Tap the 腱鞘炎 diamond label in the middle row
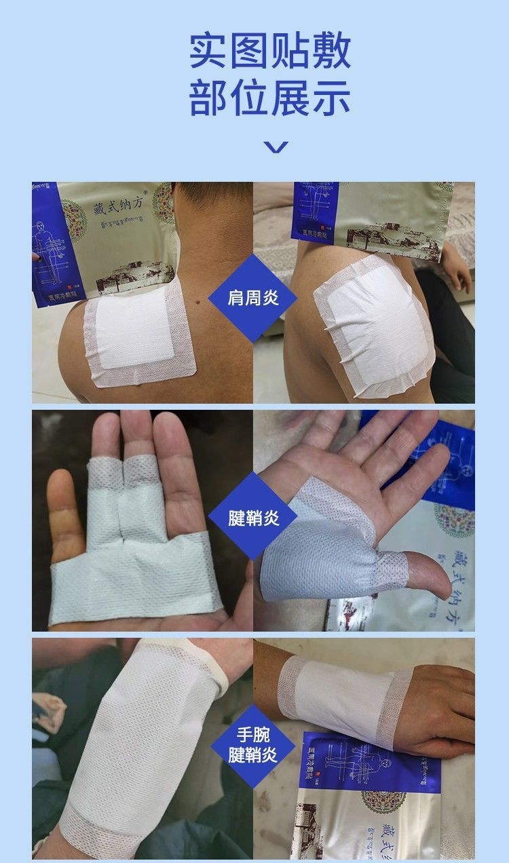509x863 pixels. tap(253, 519)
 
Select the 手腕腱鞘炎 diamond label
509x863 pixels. tap(253, 745)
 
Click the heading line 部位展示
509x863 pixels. tap(269, 98)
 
